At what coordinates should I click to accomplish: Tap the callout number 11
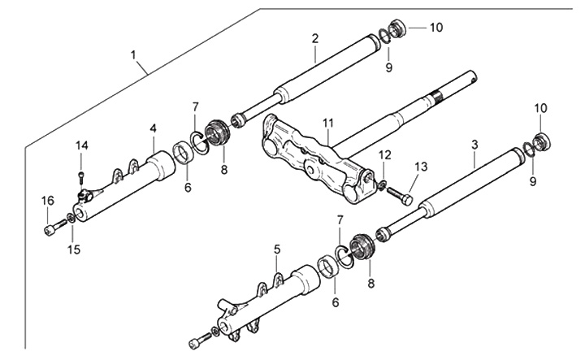click(x=327, y=124)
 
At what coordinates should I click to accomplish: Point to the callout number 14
click(x=81, y=145)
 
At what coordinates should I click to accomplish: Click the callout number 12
click(x=384, y=154)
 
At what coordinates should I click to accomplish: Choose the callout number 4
click(x=153, y=128)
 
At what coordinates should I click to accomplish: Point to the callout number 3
click(x=474, y=144)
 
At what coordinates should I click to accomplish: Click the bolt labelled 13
click(x=401, y=196)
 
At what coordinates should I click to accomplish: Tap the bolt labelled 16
click(x=53, y=231)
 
